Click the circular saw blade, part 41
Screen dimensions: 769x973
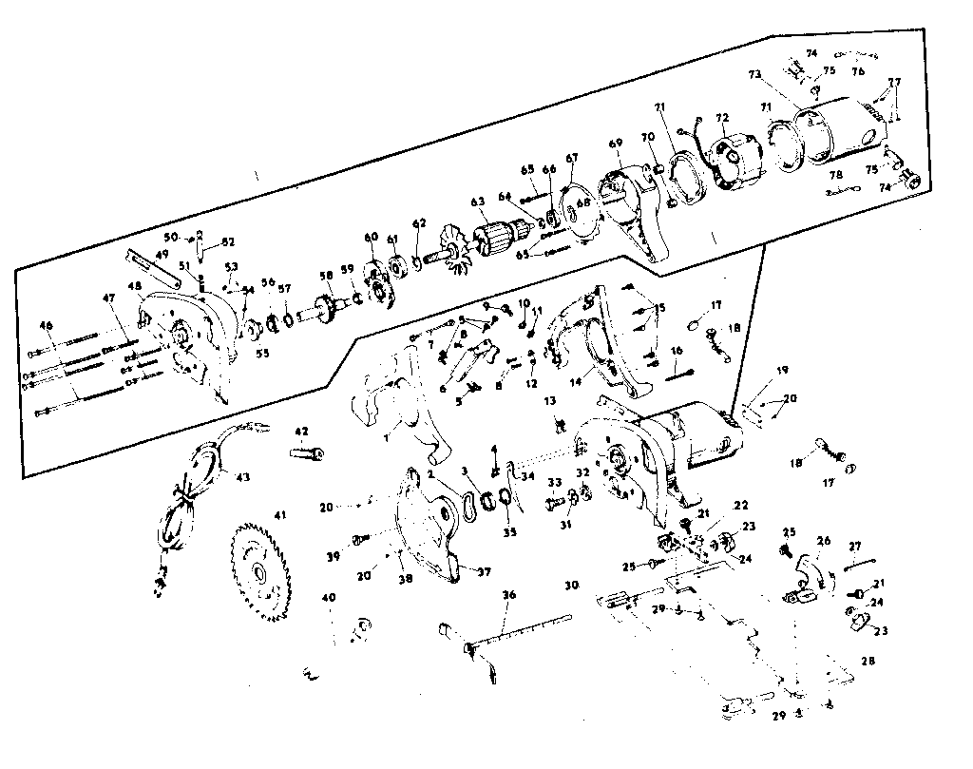(259, 573)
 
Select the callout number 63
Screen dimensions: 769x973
(478, 202)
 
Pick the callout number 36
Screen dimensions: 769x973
(509, 595)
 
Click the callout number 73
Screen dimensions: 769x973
(755, 73)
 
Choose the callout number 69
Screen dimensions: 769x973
(616, 144)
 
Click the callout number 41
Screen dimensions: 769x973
(280, 515)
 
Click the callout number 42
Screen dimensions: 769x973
(301, 432)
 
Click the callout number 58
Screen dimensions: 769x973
(327, 276)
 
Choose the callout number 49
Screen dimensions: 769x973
(162, 254)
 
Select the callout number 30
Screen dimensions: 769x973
(571, 585)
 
